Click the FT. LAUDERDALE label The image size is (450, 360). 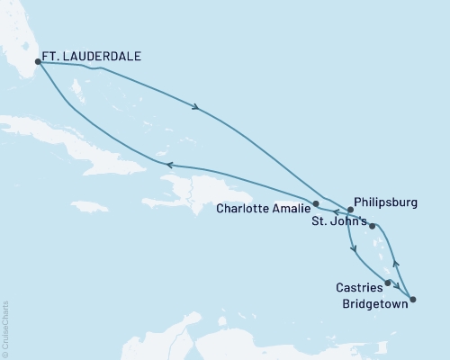click(94, 56)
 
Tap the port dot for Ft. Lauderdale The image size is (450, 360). click(38, 62)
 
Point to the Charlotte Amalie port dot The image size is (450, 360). click(315, 204)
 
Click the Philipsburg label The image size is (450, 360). click(387, 203)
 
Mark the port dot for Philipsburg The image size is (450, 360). click(350, 210)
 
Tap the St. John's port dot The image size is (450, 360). click(372, 226)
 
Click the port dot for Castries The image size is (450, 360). click(388, 283)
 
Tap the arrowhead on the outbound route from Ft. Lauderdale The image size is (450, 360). click(196, 109)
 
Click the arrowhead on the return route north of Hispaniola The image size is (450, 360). click(168, 164)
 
